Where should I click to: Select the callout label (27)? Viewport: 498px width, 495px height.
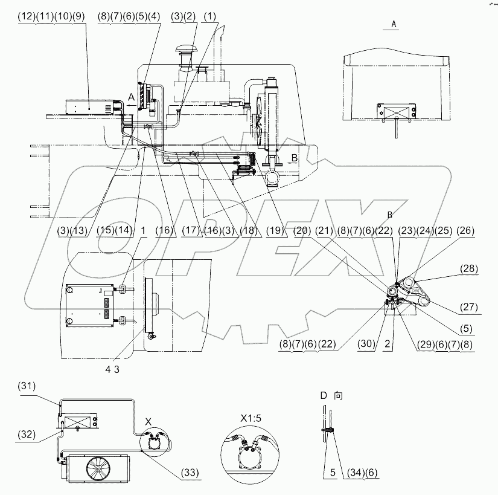[x=468, y=306]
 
